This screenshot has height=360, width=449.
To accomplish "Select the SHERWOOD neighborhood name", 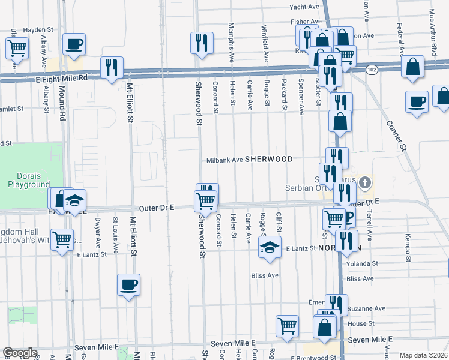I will pyautogui.click(x=268, y=159).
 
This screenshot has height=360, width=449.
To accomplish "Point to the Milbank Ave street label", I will pyautogui.click(x=224, y=160).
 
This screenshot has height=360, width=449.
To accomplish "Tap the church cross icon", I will pyautogui.click(x=366, y=181).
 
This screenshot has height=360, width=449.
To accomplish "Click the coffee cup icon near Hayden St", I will pyautogui.click(x=74, y=43).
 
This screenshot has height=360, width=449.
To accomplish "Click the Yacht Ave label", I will pyautogui.click(x=304, y=7).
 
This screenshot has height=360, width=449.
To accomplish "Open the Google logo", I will pyautogui.click(x=20, y=353).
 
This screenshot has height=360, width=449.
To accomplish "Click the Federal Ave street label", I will pyautogui.click(x=400, y=37).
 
